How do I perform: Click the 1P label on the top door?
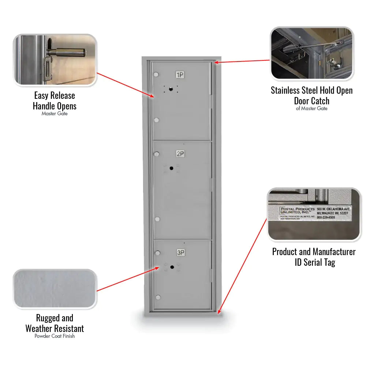(180, 75)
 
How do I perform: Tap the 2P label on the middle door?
(180, 154)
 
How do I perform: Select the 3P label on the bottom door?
(180, 253)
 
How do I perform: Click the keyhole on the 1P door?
(171, 89)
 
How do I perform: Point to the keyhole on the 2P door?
(171, 168)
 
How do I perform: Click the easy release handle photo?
(55, 60)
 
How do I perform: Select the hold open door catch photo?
(312, 53)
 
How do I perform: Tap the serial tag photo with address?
(314, 214)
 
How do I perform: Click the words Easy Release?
(55, 96)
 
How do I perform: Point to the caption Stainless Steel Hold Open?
(312, 90)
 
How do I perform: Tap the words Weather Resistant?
(55, 328)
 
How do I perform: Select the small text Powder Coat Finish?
(55, 336)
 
